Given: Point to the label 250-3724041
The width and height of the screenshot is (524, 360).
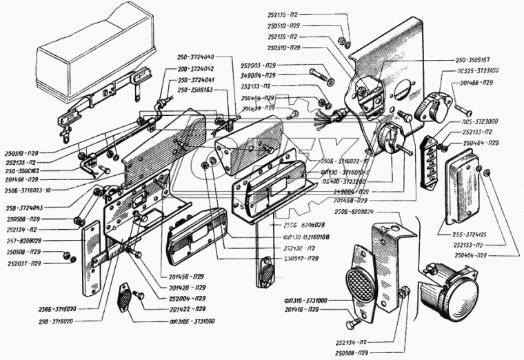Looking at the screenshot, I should (x=196, y=80).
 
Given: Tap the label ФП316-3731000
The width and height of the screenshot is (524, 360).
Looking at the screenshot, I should (x=303, y=301).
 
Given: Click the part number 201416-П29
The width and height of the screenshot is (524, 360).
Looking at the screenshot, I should (x=304, y=310).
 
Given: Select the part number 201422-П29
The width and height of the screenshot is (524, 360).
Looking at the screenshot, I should (x=187, y=310).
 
